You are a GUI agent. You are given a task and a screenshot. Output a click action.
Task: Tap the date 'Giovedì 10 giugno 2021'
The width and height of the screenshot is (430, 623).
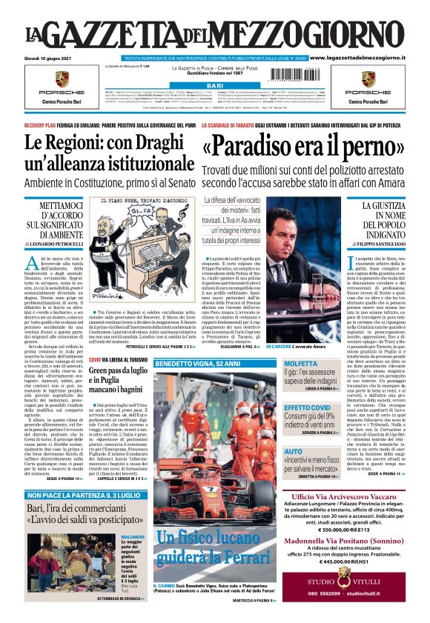point(53,57)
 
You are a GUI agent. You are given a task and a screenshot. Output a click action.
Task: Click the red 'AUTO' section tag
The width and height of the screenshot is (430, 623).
point(294,451)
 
